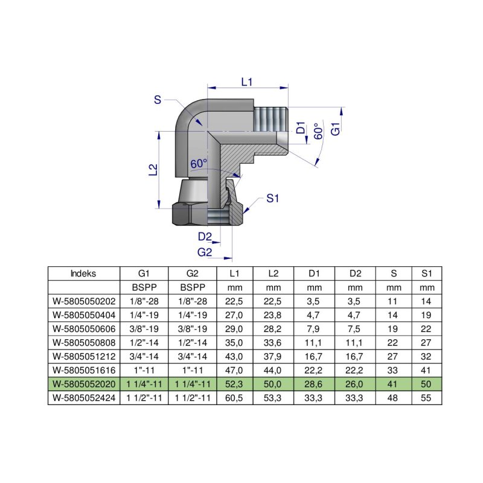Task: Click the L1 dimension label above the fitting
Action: point(246,82)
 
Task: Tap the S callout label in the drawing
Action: point(158,100)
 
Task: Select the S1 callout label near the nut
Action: point(273,197)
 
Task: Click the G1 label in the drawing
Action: point(336,129)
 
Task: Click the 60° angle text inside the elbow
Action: point(199,164)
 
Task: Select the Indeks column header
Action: point(83,273)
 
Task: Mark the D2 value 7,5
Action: point(355,329)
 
